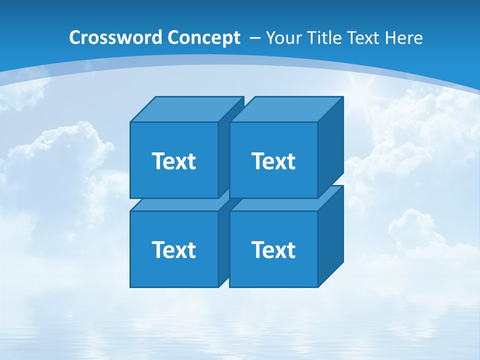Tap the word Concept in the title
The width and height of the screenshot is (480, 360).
[x=204, y=38]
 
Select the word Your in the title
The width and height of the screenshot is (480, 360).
[x=283, y=38]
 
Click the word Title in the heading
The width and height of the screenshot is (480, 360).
[x=323, y=38]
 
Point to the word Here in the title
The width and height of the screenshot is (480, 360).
[x=403, y=38]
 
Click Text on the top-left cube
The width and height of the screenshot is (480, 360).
[x=173, y=161]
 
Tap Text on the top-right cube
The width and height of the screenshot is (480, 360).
[x=273, y=161]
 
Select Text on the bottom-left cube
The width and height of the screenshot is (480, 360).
[x=173, y=249]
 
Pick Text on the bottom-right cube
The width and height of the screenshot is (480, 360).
[x=273, y=249]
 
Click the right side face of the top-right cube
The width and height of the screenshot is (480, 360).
[x=330, y=147]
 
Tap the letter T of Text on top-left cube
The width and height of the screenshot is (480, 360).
[x=157, y=161]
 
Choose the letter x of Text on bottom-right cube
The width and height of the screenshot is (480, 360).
[x=279, y=250]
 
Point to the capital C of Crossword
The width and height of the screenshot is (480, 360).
[x=75, y=38]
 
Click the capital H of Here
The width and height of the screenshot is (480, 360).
[x=390, y=38]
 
